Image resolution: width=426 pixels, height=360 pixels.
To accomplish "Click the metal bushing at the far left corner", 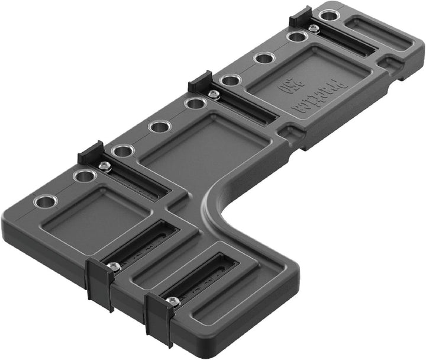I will pos(44,201).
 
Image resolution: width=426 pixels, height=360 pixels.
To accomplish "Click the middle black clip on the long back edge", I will pos(201,82).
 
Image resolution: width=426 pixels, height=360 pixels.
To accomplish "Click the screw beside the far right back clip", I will pos(313,28).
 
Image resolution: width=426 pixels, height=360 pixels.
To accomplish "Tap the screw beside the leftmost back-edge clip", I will pos(104,166).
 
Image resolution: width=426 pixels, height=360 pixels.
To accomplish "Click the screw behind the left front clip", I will pos(115,267).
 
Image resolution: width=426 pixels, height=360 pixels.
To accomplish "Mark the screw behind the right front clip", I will pos(173,302).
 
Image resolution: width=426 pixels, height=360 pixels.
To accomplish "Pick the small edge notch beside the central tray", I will pos(291,133).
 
